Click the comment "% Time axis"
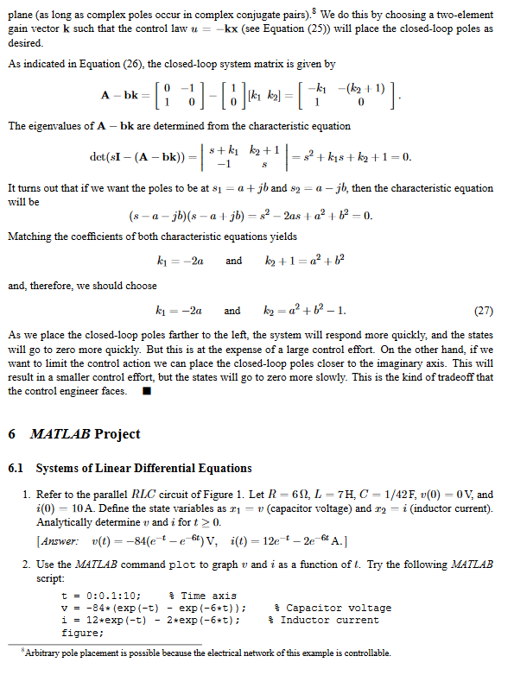coord(201,596)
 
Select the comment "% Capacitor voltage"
coord(333,609)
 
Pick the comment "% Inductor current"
coord(325,620)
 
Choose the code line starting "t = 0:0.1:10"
coord(99,596)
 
